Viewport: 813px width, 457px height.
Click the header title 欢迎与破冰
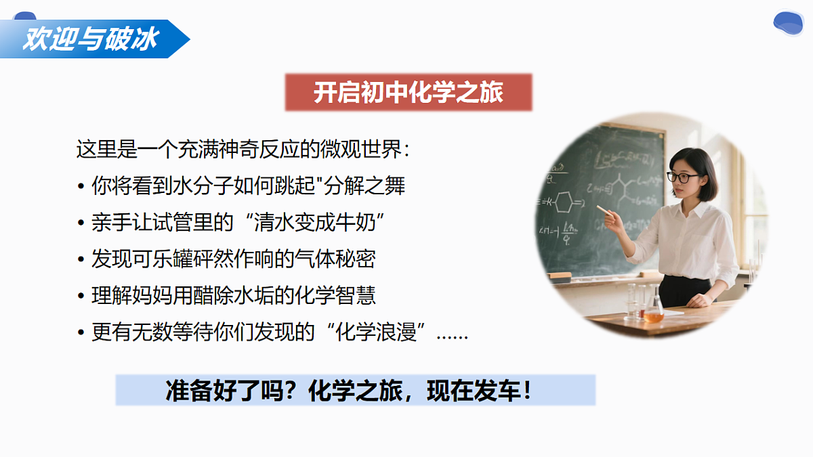pos(90,39)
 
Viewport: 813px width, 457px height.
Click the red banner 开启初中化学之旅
pos(408,93)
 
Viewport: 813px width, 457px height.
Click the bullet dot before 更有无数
pos(81,334)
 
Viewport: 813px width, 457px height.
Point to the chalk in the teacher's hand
pos(602,209)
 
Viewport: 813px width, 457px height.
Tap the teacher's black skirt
pos(684,291)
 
